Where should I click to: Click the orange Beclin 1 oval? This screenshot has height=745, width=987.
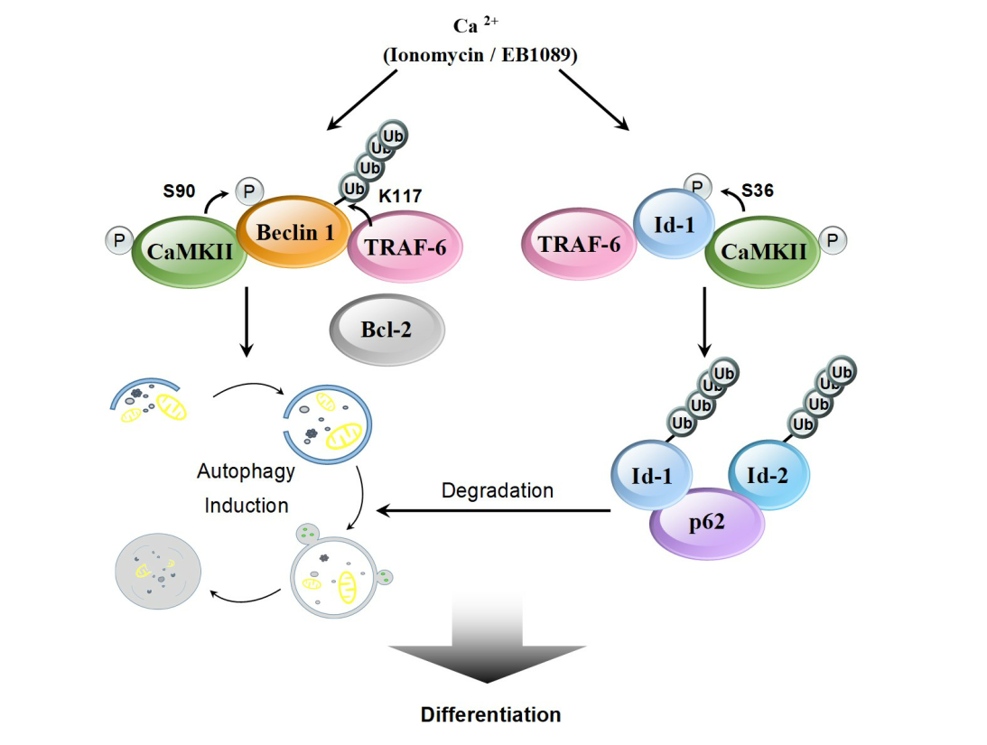click(x=294, y=231)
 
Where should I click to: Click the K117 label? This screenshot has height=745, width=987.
click(x=400, y=194)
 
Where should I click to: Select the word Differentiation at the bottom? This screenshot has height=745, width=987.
click(x=490, y=715)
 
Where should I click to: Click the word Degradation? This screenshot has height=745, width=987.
click(x=497, y=491)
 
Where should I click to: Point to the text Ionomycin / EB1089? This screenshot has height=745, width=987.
click(x=480, y=55)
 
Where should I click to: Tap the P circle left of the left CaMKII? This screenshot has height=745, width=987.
click(x=117, y=241)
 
